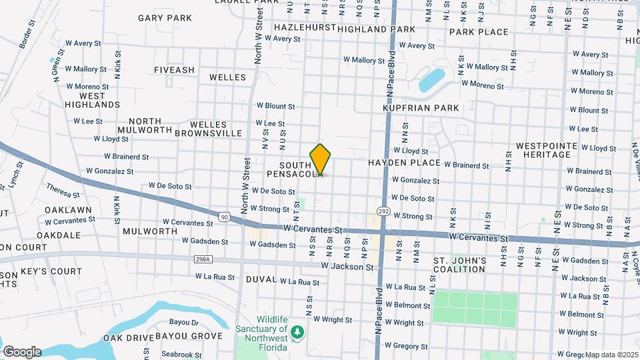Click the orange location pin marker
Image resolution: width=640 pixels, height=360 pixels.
pos(321,159)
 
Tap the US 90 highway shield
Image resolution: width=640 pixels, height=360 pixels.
pos(226,215)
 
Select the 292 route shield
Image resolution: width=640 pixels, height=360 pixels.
pos(383,211)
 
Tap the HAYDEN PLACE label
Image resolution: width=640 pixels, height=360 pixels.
pos(404,163)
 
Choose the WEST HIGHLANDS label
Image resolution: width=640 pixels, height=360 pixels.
pos(93,100)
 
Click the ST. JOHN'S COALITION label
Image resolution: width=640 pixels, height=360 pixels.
pos(459,265)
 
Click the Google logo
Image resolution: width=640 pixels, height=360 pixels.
pos(22,351)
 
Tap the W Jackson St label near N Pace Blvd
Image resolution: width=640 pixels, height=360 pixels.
pos(347,267)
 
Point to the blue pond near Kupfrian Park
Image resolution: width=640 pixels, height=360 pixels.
pos(432,80)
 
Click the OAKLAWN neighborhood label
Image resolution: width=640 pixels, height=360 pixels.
pos(68,210)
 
